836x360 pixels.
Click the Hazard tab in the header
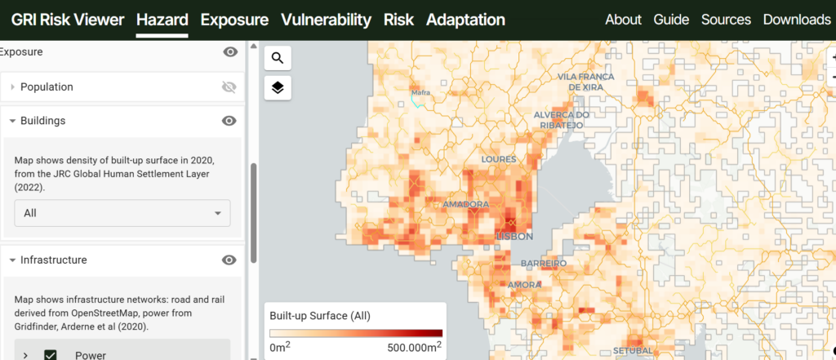click(x=162, y=20)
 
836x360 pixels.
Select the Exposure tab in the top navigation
click(x=234, y=20)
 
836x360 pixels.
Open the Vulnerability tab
click(x=326, y=20)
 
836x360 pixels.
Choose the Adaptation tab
click(x=465, y=20)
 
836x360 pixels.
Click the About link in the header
click(x=623, y=20)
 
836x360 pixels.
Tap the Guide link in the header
click(x=671, y=20)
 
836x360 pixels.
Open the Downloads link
click(x=796, y=20)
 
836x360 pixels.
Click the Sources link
click(x=726, y=20)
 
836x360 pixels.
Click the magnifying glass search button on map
click(x=278, y=58)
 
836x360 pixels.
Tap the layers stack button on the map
click(x=278, y=87)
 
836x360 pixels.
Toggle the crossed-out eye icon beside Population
click(x=229, y=87)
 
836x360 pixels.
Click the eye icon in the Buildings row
click(x=229, y=121)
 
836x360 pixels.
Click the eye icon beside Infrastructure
click(x=229, y=260)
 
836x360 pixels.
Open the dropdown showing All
click(x=122, y=213)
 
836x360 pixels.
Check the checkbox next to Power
click(x=51, y=354)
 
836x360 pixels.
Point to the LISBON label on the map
click(x=514, y=236)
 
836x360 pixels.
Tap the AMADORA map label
click(x=465, y=204)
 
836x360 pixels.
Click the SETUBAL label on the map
click(x=632, y=351)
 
